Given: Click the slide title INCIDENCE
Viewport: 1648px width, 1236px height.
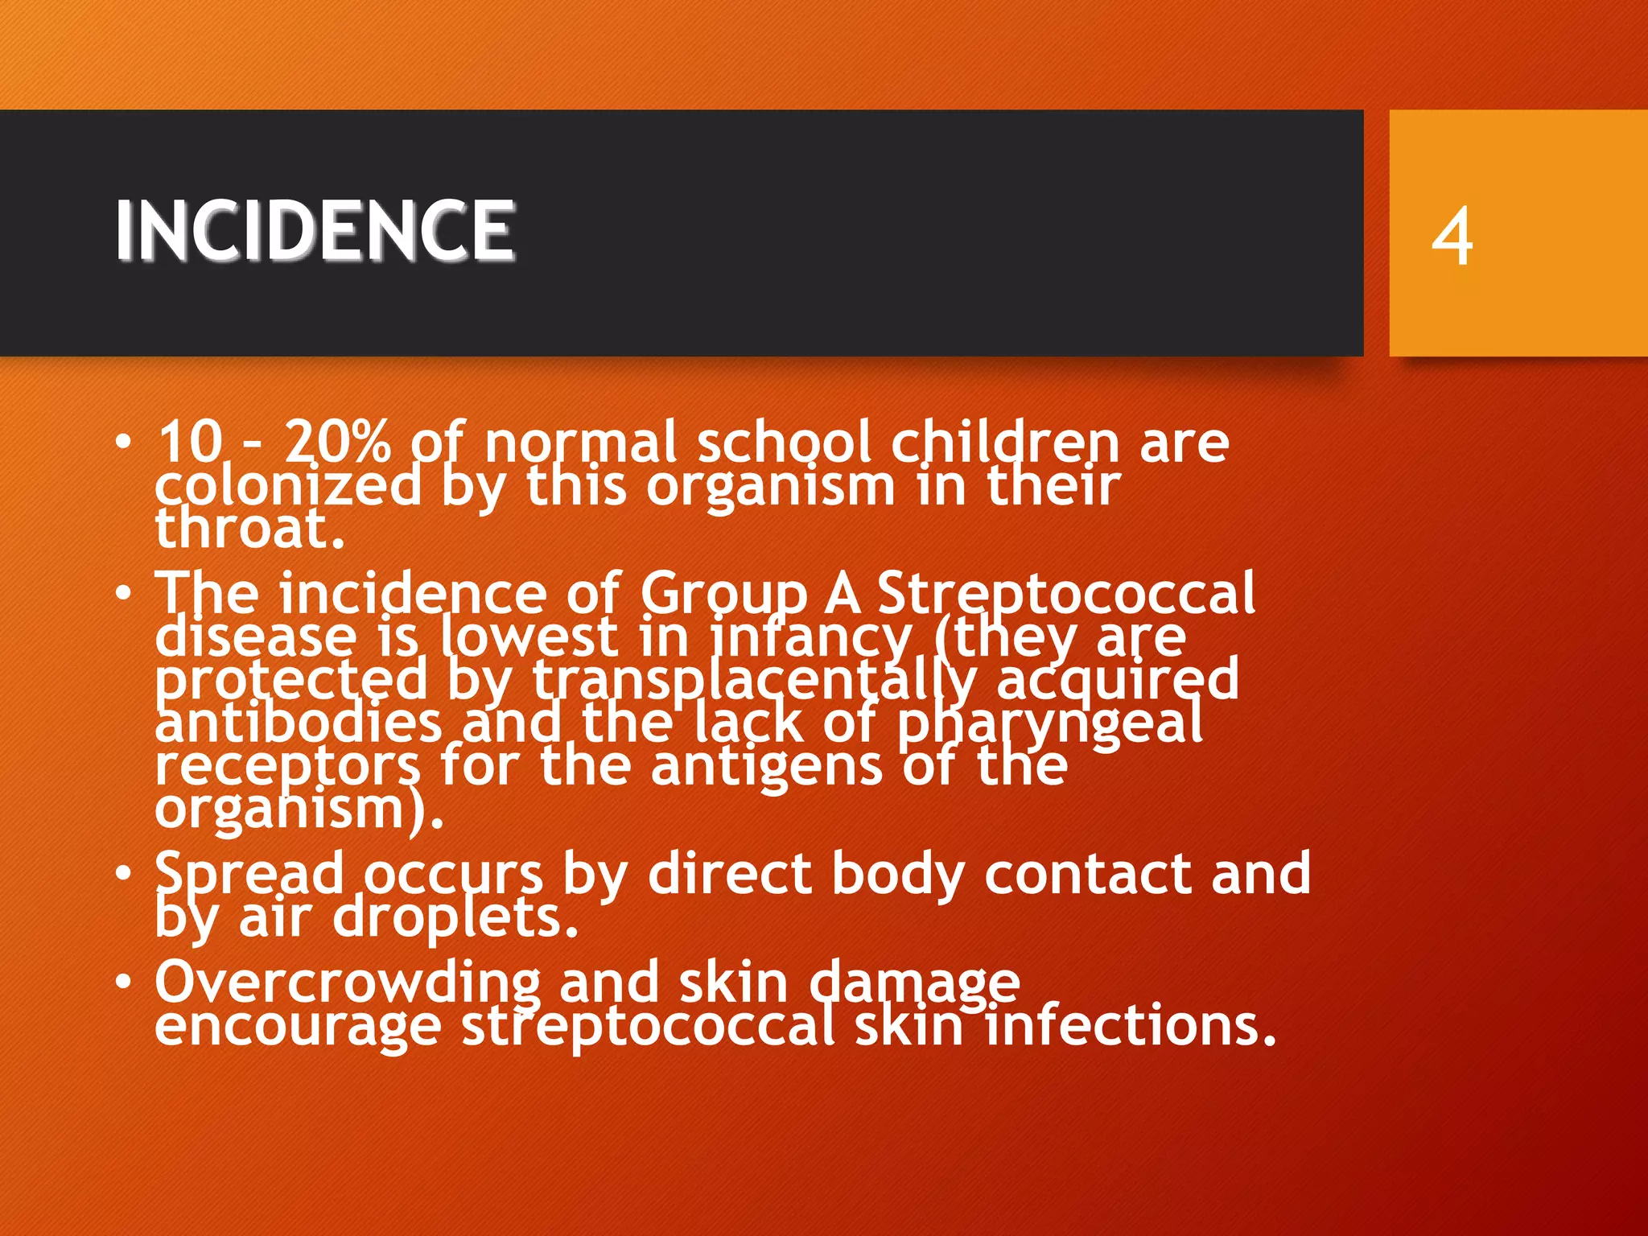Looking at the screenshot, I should click(315, 230).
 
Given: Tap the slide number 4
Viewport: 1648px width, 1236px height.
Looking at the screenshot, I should click(1452, 237).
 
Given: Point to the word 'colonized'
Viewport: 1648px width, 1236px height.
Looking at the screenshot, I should click(288, 486).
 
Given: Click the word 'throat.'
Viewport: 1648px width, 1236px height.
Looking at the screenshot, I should click(250, 529).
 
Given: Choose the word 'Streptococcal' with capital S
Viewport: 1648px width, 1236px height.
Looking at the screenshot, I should click(1065, 593).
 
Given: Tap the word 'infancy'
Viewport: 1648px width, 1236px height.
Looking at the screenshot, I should click(811, 637).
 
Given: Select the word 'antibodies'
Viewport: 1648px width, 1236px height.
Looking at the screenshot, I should click(298, 722).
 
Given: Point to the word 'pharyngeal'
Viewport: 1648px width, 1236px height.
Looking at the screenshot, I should click(1049, 723).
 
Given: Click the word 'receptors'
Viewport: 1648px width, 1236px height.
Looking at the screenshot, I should click(287, 765).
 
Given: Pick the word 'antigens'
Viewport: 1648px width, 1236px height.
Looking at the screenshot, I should click(766, 765).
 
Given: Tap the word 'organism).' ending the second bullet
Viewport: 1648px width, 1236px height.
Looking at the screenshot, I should click(299, 809).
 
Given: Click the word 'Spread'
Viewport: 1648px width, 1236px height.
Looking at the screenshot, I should click(249, 874).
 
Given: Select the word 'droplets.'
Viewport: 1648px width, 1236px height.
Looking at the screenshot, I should click(455, 917).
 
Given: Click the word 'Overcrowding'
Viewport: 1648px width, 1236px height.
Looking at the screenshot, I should click(348, 983).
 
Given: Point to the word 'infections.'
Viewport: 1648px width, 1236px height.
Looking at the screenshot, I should click(1131, 1026).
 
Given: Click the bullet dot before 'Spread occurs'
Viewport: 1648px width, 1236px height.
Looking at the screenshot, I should click(122, 873).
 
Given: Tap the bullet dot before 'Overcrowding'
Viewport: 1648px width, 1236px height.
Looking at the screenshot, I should click(122, 982).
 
